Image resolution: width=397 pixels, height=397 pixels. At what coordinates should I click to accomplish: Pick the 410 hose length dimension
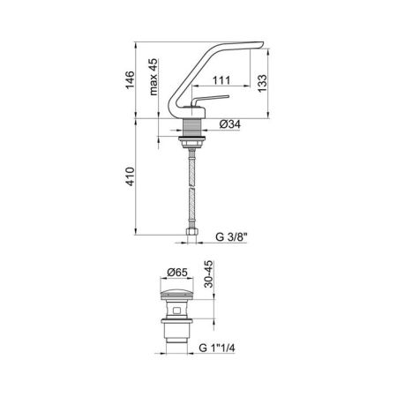pos(129,180)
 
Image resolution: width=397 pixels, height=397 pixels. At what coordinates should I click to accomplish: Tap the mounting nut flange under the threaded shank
pos(190,139)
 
